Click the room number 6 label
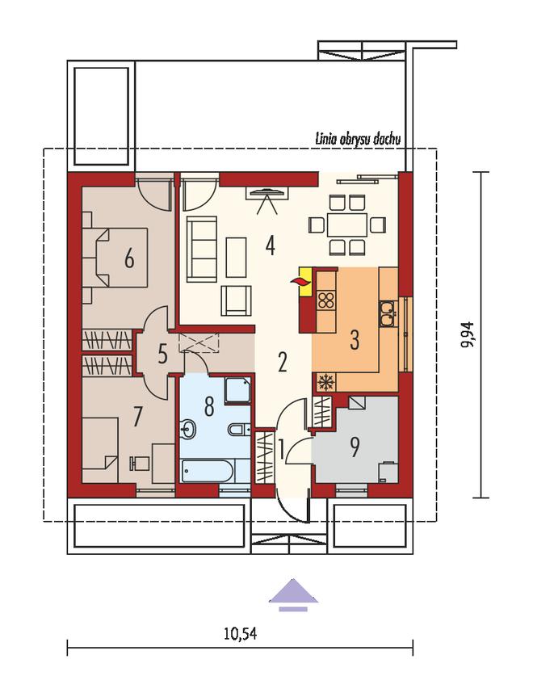[129, 258]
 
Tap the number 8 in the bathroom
[209, 406]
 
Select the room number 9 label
[355, 447]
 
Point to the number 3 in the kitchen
[355, 340]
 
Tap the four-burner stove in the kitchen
[325, 300]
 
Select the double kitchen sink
[388, 313]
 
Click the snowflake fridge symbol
[325, 382]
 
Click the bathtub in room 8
[207, 471]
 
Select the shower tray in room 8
[237, 391]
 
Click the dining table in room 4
[347, 225]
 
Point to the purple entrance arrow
[293, 594]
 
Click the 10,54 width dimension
[241, 633]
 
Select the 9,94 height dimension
[468, 334]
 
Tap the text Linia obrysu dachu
[358, 139]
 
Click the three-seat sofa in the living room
[202, 249]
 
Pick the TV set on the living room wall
[267, 193]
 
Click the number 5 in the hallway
[162, 355]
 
